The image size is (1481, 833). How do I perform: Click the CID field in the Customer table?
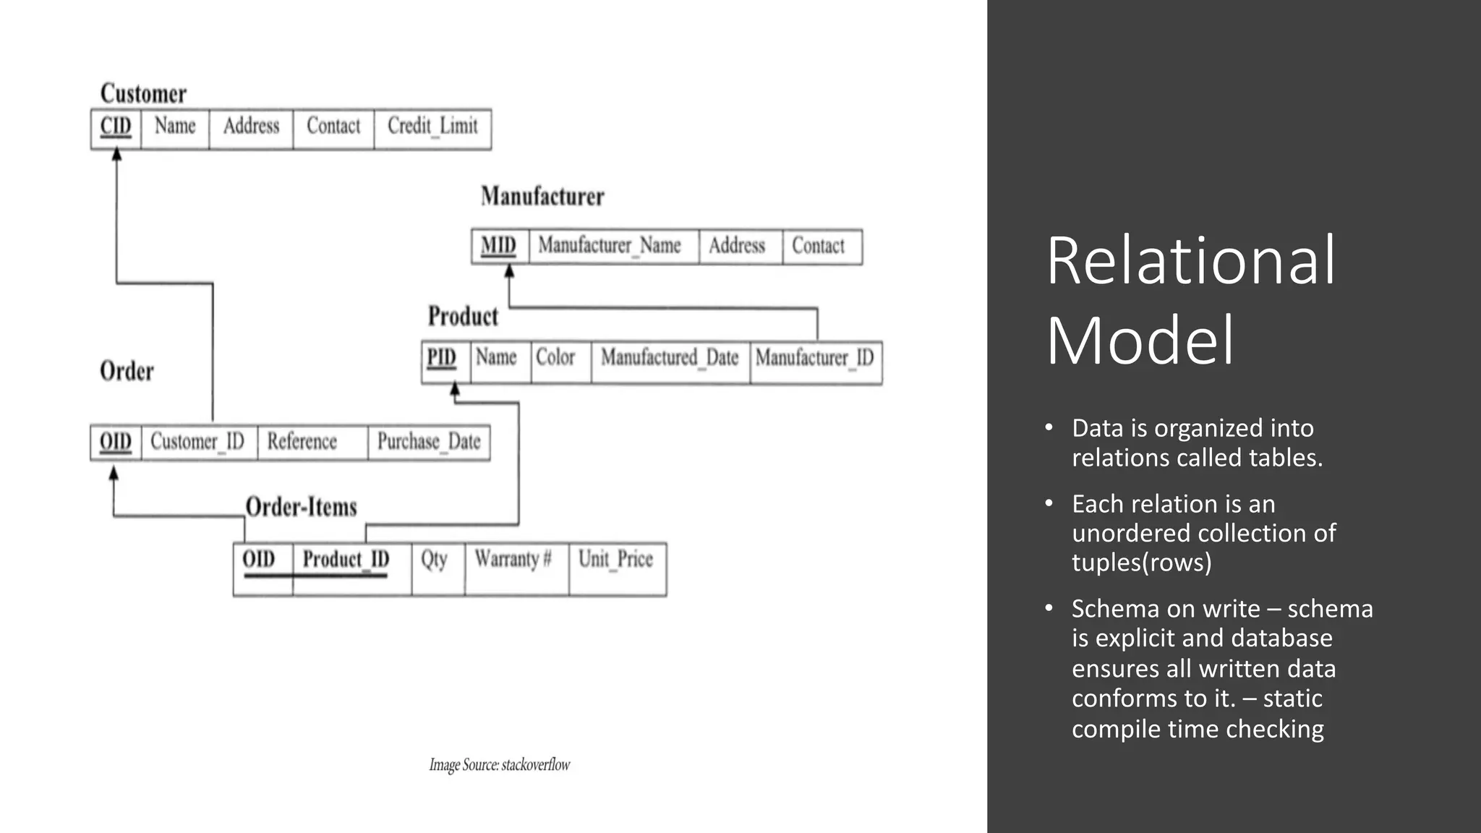pos(116,127)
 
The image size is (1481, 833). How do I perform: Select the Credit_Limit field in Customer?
pos(432,127)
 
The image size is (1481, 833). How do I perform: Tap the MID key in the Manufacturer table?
pos(499,246)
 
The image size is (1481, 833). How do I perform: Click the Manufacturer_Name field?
pos(610,246)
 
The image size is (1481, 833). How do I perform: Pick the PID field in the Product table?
pos(442,358)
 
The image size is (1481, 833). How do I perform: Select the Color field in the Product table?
pos(555,357)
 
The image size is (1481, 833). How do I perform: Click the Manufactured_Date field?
pos(670,357)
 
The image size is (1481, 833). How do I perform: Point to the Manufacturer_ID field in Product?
pos(814,357)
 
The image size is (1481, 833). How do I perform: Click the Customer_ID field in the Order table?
pos(197,441)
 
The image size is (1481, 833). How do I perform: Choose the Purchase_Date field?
pos(429,441)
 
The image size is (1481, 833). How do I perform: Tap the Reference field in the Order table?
pos(302,441)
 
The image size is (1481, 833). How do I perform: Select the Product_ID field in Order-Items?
pos(346,560)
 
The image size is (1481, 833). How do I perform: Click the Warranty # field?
pos(513,559)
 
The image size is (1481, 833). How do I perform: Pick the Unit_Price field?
pos(615,559)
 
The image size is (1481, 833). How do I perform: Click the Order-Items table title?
pos(302,507)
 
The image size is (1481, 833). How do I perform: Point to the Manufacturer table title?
pos(542,197)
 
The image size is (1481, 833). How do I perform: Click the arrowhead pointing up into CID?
pos(116,155)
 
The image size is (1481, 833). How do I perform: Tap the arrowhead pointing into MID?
pos(509,271)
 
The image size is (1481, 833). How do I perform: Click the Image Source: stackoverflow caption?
pos(500,765)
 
